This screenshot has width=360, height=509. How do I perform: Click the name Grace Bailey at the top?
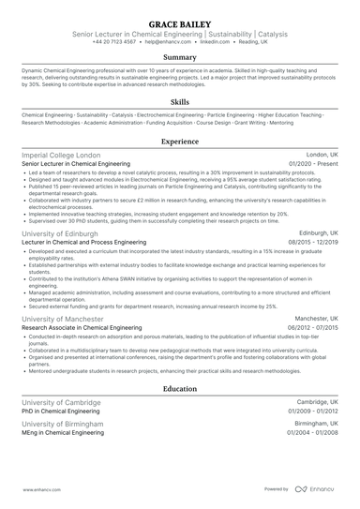tap(179, 20)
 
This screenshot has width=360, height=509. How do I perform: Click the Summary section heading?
tap(179, 58)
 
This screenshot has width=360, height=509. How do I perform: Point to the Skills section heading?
tap(179, 101)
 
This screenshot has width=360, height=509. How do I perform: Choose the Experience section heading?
tap(179, 142)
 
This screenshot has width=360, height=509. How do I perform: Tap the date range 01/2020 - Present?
tap(313, 163)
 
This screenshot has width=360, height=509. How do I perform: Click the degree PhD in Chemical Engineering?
tap(60, 410)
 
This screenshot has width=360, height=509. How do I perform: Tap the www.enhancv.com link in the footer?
tap(37, 488)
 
